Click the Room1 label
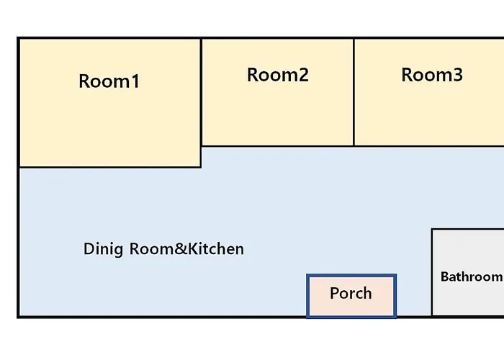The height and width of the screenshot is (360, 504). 109,81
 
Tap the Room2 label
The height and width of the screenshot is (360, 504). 278,75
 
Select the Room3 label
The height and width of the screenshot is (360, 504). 432,75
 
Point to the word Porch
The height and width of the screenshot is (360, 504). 351,293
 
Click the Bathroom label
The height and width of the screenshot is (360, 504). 471,276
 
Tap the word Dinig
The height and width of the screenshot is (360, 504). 103,249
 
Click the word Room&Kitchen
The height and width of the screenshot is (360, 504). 186,249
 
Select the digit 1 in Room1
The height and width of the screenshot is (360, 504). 136,81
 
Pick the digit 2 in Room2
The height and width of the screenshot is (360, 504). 303,75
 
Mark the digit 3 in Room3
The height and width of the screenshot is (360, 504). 458,75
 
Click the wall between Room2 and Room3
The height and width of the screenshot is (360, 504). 354,92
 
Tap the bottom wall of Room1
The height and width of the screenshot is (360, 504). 110,167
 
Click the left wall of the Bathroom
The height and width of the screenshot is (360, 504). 432,273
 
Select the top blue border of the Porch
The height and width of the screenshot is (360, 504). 351,276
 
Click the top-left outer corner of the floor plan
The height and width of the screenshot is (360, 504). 17,37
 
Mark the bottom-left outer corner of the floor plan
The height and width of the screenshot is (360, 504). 17,318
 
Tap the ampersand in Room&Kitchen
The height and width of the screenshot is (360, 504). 181,249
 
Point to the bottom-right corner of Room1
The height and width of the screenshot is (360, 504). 201,167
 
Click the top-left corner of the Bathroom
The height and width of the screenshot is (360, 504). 432,229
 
